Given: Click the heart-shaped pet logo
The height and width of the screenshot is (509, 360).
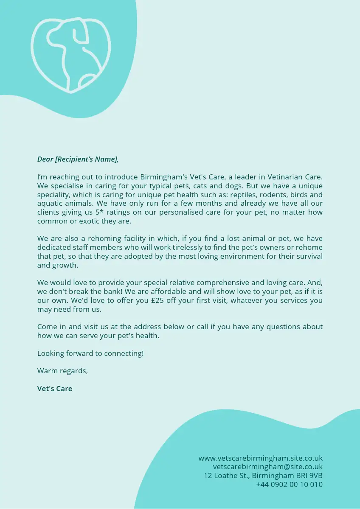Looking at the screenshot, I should pyautogui.click(x=70, y=55).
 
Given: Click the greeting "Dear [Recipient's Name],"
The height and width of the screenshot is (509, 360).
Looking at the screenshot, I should pyautogui.click(x=78, y=159).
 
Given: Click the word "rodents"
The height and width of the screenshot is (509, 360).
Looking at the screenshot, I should pyautogui.click(x=278, y=195).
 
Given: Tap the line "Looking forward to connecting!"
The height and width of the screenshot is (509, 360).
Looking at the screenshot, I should pyautogui.click(x=90, y=353).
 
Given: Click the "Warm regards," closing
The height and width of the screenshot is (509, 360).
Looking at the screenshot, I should pyautogui.click(x=62, y=371).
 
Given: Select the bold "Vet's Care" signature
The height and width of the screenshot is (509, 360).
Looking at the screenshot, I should pyautogui.click(x=55, y=388).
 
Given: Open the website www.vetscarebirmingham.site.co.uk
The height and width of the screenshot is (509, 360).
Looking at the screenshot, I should pyautogui.click(x=260, y=458).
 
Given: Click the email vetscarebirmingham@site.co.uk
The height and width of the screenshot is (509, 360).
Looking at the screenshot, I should pyautogui.click(x=267, y=467).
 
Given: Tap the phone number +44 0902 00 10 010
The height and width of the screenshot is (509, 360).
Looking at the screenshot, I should pyautogui.click(x=289, y=484).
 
